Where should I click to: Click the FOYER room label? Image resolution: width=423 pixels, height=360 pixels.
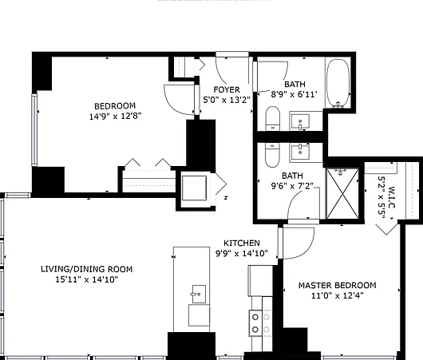(x=227, y=89)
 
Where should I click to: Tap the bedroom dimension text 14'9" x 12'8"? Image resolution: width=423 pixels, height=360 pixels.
(x=116, y=117)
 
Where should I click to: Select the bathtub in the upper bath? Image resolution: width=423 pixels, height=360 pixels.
(x=338, y=83)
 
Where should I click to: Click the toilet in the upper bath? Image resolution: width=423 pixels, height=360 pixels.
(x=272, y=118)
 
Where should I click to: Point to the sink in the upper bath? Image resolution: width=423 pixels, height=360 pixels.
(x=300, y=121)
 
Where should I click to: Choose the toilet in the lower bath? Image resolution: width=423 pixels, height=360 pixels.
(x=272, y=155)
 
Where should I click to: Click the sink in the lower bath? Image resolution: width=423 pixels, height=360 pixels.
(x=300, y=152)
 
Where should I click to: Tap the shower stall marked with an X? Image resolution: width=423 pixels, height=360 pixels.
(x=342, y=193)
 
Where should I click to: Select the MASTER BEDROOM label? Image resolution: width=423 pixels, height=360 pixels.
(x=338, y=285)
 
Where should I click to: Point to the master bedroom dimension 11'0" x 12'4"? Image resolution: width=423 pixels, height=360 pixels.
(x=338, y=296)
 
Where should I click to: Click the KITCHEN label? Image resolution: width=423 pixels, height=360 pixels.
(x=242, y=243)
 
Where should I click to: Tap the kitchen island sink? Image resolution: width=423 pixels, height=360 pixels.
(x=199, y=295)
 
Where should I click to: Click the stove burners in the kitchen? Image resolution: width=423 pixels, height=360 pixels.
(x=261, y=323)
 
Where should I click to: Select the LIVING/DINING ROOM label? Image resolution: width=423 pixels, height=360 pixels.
(x=87, y=269)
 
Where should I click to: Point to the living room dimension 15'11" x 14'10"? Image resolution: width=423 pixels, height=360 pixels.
(x=87, y=279)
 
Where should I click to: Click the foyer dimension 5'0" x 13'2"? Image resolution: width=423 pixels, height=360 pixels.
(x=227, y=100)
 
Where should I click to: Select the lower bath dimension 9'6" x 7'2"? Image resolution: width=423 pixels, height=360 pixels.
(x=292, y=186)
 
